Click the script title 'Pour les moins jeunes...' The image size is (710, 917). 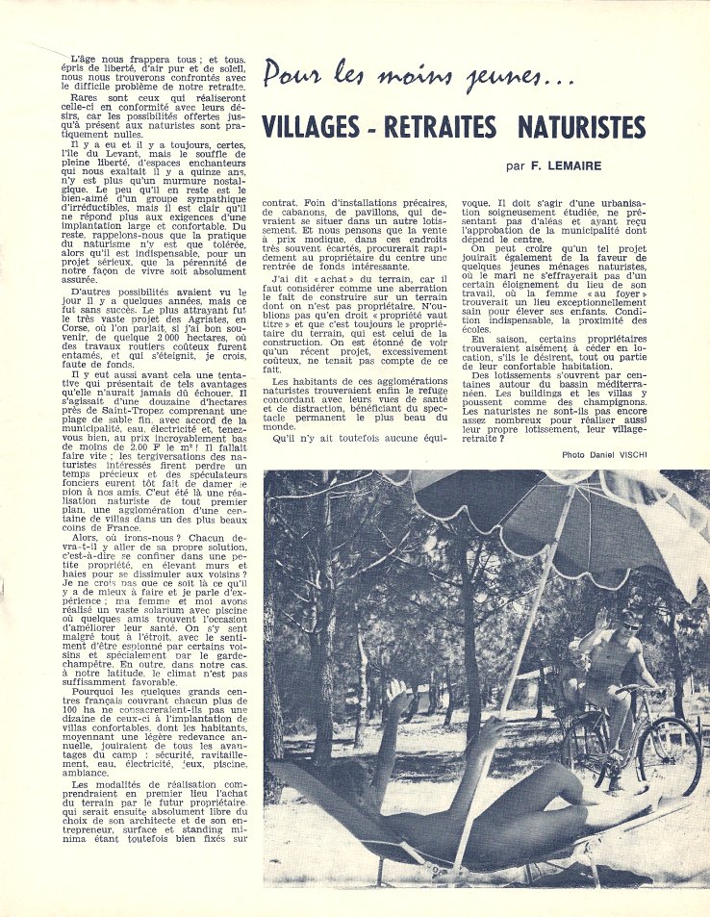click(x=419, y=76)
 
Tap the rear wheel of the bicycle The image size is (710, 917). click(x=585, y=753)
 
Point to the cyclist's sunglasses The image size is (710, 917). click(x=630, y=623)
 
